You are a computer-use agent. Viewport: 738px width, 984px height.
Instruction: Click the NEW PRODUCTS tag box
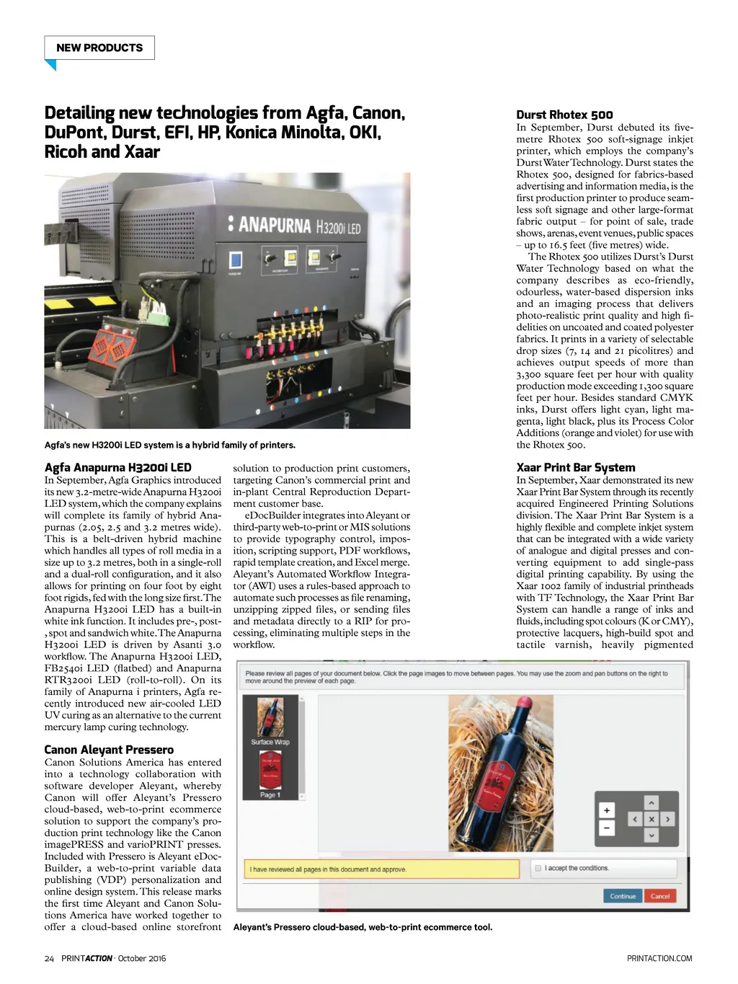pos(99,48)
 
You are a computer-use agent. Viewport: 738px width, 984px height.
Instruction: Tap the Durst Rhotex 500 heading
pos(564,115)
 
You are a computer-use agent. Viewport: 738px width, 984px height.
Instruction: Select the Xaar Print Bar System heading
pos(575,467)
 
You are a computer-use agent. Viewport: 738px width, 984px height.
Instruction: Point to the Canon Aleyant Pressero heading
pos(109,750)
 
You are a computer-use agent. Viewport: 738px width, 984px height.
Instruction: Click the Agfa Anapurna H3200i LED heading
pos(117,467)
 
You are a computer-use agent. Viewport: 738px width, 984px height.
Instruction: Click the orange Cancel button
pos(659,896)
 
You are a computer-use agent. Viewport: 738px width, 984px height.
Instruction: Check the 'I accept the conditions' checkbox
pos(538,868)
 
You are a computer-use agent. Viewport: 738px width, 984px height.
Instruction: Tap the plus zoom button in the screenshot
pos(607,810)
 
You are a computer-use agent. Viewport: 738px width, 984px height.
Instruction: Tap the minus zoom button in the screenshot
pos(607,828)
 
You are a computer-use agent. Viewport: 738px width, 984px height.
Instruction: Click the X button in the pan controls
pos(651,819)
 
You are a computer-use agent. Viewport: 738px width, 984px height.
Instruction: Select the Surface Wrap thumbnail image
pos(270,717)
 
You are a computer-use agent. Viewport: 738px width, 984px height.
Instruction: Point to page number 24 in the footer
pos(49,958)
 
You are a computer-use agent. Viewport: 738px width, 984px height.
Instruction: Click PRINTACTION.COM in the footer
pos(659,958)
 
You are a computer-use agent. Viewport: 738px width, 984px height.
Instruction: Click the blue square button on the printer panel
pos(235,260)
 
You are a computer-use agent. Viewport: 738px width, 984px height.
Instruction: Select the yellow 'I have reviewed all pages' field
pos(381,869)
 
